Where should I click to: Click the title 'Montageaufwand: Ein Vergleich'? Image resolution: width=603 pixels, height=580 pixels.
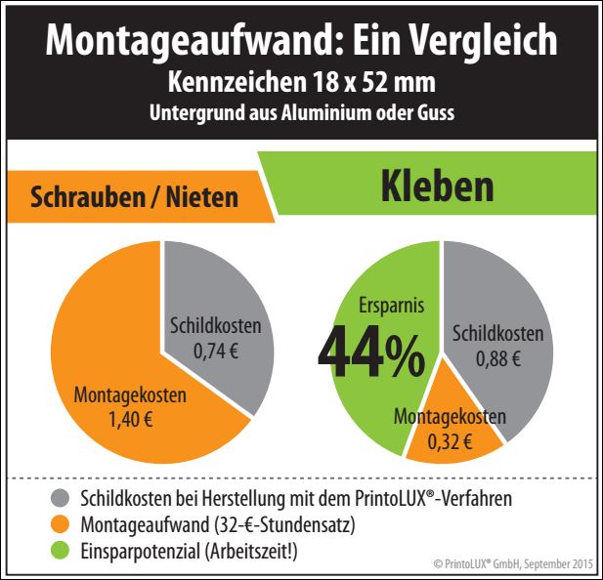(x=301, y=40)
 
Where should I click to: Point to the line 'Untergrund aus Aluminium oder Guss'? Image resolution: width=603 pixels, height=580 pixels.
(x=301, y=112)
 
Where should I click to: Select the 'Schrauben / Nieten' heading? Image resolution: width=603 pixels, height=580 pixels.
(x=135, y=196)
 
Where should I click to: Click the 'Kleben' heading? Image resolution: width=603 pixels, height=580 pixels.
(x=438, y=186)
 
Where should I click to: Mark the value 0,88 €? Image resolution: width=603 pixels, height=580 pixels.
(x=497, y=358)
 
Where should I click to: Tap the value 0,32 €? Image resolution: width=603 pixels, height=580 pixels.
(x=451, y=441)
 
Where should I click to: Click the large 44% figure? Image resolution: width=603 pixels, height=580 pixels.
(x=370, y=353)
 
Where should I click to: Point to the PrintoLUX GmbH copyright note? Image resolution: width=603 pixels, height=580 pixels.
(x=510, y=565)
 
